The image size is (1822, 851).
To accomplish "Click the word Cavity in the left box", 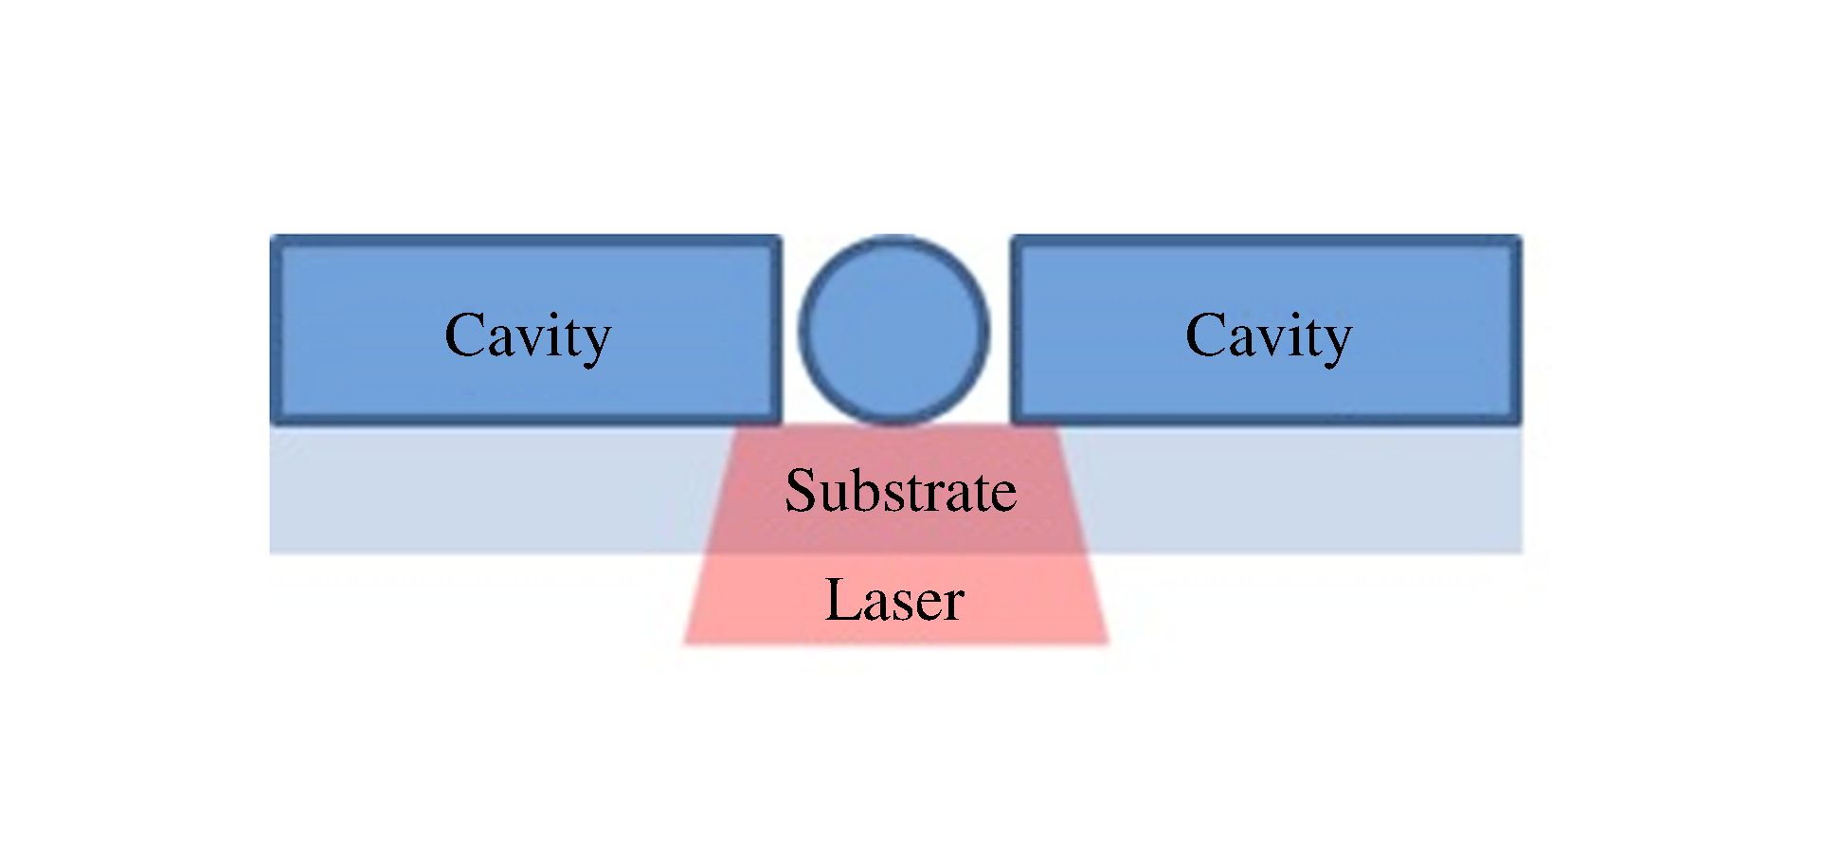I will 528,335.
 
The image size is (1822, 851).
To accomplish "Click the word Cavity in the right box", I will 1269,335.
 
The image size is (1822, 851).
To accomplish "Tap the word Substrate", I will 900,491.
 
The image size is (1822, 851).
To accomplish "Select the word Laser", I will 894,600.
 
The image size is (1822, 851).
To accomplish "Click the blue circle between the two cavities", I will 893,330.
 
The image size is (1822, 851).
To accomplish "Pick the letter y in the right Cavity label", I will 1335,343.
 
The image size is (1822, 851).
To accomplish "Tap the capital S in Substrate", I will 802,491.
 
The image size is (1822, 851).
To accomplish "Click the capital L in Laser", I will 842,600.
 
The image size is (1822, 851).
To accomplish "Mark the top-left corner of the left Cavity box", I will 274,239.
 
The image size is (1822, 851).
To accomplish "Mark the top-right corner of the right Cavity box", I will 1519,239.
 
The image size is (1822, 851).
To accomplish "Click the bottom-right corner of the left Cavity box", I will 779,420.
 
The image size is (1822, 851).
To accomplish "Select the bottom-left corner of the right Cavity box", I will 1014,420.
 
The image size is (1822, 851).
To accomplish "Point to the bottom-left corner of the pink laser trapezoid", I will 686,643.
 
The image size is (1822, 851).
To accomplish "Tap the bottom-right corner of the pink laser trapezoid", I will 1108,643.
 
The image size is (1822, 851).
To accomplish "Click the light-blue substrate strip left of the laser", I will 474,491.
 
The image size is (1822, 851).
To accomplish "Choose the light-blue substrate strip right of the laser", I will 1308,491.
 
